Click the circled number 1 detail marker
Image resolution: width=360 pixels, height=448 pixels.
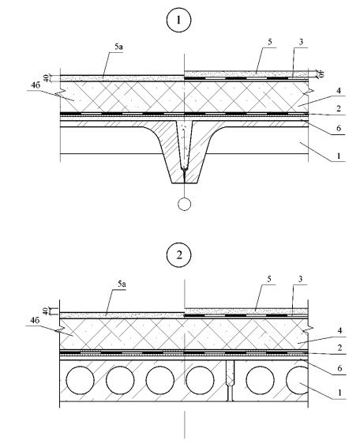click(x=178, y=20)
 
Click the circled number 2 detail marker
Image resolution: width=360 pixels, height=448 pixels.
click(x=178, y=255)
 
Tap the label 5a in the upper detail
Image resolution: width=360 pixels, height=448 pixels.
click(x=118, y=47)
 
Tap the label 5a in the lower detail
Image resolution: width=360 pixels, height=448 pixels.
click(x=122, y=284)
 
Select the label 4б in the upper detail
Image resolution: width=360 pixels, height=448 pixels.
click(x=36, y=85)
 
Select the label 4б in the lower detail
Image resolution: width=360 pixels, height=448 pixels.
click(x=35, y=320)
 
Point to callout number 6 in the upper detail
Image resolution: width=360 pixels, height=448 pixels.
click(x=339, y=128)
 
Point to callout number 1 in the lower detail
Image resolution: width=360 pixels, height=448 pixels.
click(x=339, y=393)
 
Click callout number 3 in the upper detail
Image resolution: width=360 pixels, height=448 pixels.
click(x=301, y=42)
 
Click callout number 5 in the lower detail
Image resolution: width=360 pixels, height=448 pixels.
click(x=269, y=279)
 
